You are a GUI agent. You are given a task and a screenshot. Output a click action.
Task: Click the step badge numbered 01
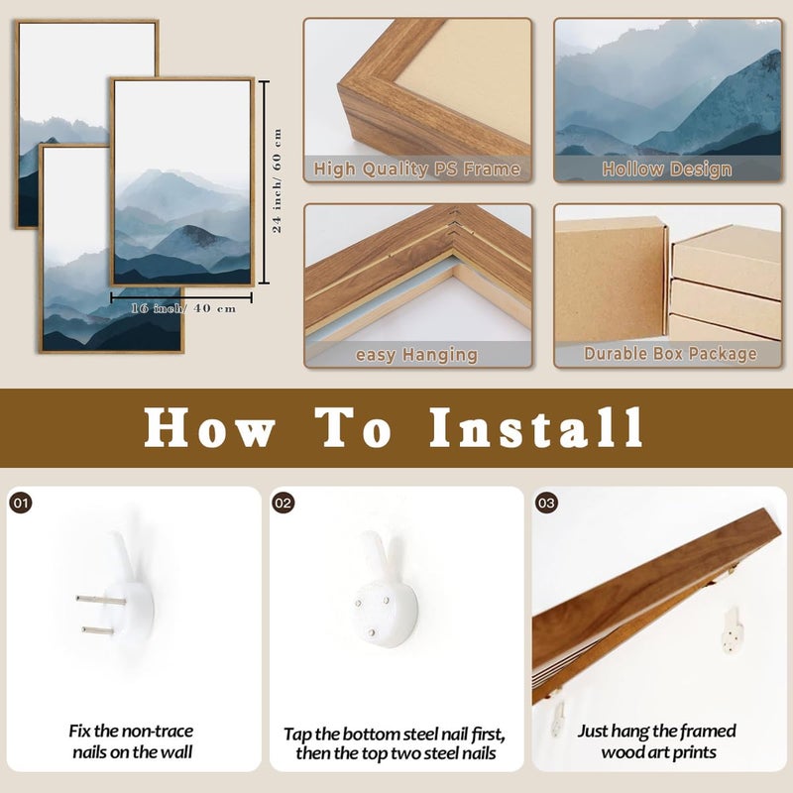click(x=21, y=503)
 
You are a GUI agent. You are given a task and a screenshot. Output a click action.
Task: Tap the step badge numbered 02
click(x=283, y=503)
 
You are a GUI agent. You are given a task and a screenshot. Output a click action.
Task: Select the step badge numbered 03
click(x=546, y=503)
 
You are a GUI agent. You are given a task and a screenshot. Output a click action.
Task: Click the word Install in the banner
click(x=536, y=428)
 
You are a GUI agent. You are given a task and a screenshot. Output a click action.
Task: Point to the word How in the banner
click(x=210, y=428)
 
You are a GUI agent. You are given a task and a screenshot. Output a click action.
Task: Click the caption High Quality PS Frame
click(x=416, y=169)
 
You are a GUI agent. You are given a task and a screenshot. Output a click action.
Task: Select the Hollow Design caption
click(x=667, y=169)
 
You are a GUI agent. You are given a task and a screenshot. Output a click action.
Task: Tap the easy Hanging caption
click(x=416, y=355)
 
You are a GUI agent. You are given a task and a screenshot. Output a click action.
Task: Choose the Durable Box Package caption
click(x=670, y=354)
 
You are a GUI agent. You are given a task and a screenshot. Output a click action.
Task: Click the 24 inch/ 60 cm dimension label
click(x=278, y=180)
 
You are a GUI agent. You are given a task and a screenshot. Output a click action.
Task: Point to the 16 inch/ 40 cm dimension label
click(x=183, y=308)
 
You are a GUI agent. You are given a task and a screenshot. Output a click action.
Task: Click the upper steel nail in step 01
click(x=101, y=601)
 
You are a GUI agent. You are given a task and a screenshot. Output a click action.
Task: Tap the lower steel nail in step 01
click(x=98, y=630)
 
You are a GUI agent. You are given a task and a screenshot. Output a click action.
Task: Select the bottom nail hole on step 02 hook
click(x=372, y=632)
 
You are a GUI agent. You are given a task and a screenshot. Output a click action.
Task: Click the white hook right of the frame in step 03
click(x=732, y=630)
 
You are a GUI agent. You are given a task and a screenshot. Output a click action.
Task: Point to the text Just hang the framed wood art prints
click(x=657, y=741)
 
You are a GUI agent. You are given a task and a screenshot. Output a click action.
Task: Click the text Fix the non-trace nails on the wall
click(x=132, y=741)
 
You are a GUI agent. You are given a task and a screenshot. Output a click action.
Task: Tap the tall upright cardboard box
click(x=611, y=280)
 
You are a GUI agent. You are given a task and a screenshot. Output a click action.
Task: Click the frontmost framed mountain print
click(x=182, y=182)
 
